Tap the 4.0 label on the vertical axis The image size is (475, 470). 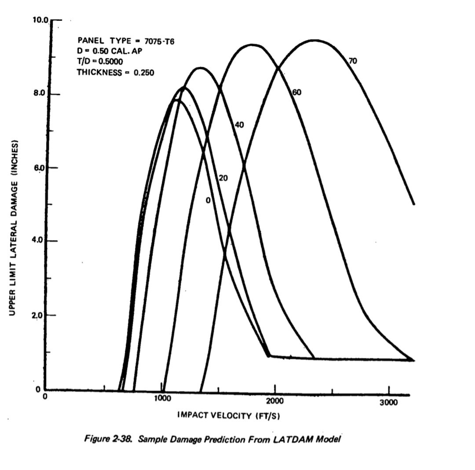(40, 240)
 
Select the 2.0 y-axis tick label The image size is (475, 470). (40, 315)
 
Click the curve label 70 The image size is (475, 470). (352, 61)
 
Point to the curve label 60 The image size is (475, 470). (296, 92)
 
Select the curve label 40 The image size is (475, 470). (239, 125)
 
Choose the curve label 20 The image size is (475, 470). (223, 178)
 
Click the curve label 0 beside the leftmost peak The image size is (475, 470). (208, 200)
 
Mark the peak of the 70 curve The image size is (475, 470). (315, 40)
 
